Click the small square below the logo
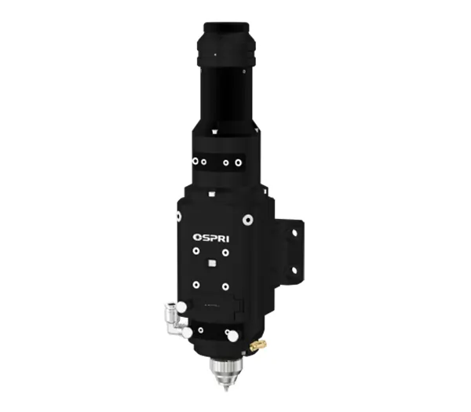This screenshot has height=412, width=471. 210,263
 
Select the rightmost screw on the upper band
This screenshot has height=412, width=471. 238,164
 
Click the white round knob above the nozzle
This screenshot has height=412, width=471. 232,336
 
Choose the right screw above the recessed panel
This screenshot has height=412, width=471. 225,285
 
